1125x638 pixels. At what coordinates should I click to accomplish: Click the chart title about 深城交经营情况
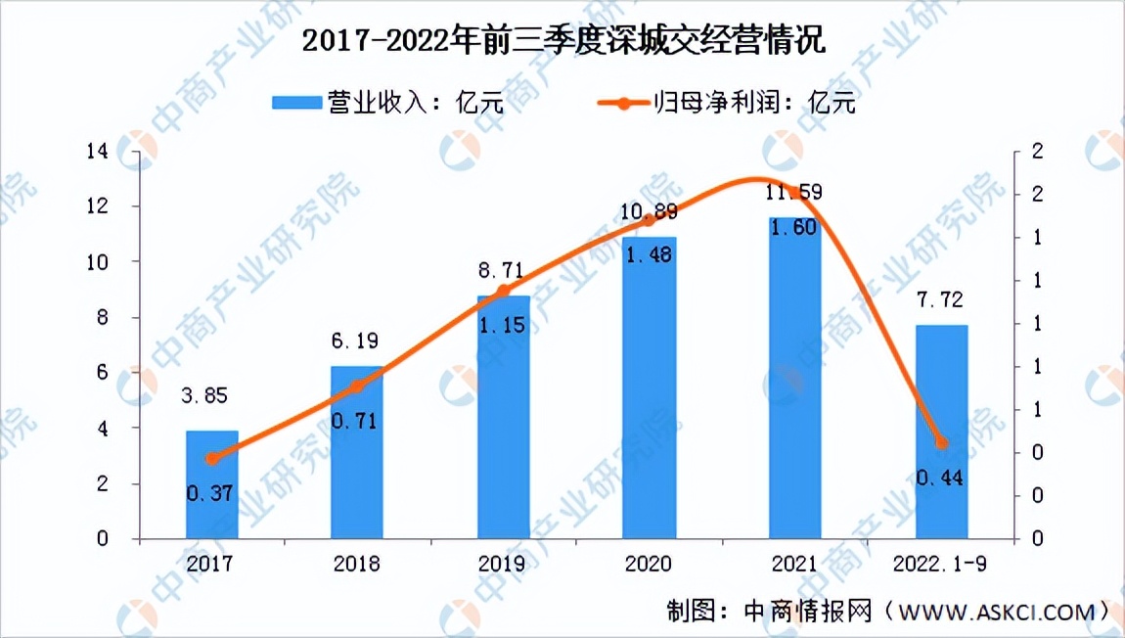pyautogui.click(x=563, y=41)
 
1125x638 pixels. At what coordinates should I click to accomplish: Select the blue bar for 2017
pyautogui.click(x=211, y=484)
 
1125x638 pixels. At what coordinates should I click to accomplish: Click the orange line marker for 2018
pyautogui.click(x=357, y=387)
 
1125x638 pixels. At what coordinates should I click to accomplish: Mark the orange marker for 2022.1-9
pyautogui.click(x=941, y=442)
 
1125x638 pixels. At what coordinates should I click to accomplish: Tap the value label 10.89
pyautogui.click(x=649, y=211)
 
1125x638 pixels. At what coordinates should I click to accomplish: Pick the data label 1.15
pyautogui.click(x=503, y=324)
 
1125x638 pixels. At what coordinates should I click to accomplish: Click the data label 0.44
pyautogui.click(x=941, y=478)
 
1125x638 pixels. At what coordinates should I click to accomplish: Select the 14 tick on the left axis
pyautogui.click(x=97, y=151)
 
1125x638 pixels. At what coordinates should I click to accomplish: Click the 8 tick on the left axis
pyautogui.click(x=102, y=317)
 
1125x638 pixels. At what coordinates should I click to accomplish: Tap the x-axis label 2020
pyautogui.click(x=649, y=564)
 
